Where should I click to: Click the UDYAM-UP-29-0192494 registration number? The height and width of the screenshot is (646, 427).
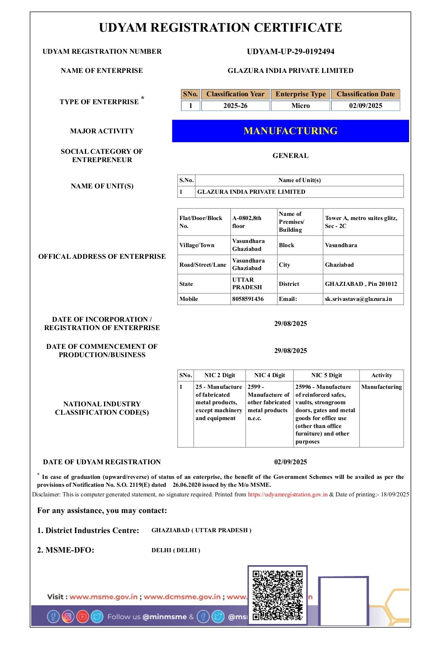290,52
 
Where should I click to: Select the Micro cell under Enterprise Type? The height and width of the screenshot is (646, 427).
300,106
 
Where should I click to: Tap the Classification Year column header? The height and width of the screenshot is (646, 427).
235,94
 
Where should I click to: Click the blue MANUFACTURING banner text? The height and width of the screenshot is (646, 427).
290,131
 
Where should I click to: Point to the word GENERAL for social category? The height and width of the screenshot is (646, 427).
290,155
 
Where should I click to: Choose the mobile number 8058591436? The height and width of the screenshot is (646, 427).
248,299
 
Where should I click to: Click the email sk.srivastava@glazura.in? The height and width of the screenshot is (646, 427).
358,299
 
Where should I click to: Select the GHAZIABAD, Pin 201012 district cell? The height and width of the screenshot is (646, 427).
361,284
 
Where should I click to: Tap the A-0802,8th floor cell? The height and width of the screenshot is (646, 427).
247,222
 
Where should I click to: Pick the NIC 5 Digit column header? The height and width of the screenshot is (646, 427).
326,375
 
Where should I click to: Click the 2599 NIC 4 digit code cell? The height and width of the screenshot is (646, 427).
269,403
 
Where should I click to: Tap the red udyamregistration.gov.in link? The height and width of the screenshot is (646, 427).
288,494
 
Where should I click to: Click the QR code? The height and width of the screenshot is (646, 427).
277,595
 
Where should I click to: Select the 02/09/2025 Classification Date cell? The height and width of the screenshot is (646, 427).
365,106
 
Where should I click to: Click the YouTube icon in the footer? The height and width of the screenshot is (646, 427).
82,616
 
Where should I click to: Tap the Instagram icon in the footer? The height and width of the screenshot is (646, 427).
68,616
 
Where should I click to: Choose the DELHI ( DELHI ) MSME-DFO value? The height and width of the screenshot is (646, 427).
176,550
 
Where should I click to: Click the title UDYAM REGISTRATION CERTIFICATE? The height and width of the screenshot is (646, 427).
221,28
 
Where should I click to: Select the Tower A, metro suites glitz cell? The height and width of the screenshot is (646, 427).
361,222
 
